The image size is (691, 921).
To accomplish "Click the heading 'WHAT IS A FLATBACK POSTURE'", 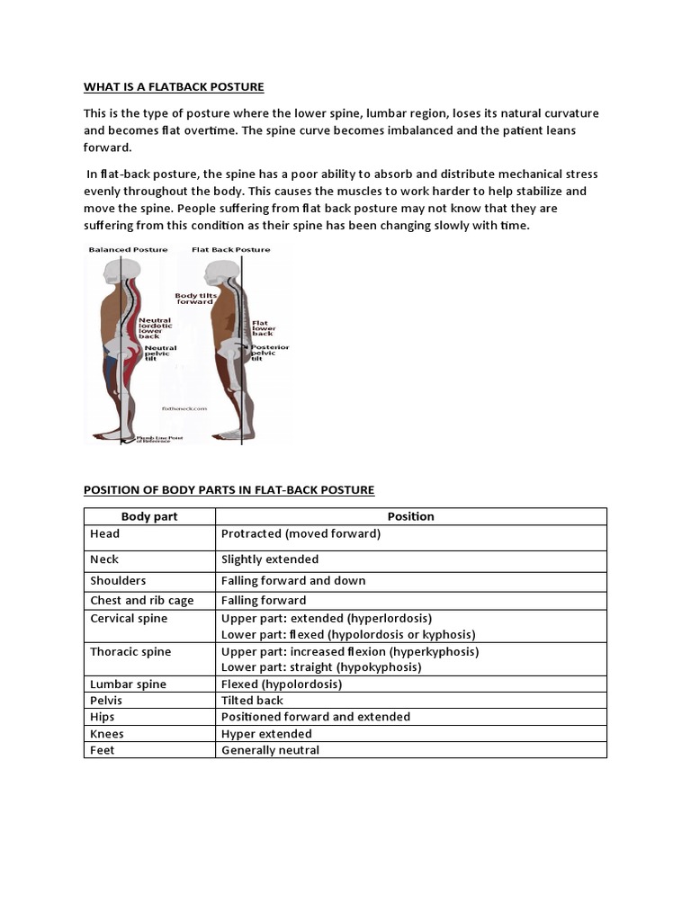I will coord(174,87).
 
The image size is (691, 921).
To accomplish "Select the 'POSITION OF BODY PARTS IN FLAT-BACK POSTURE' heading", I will coord(229,490).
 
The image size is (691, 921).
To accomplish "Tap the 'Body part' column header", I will coord(149,516).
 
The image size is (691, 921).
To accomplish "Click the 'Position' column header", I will coord(410,516).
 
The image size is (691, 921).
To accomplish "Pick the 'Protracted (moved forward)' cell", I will coord(301,533).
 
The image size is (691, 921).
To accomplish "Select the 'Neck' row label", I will coord(104,559).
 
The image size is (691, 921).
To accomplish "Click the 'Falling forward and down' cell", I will coord(293,581).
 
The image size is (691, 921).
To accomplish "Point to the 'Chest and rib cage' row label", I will coord(134,600).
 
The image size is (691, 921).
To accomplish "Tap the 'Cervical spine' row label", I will coord(129,619).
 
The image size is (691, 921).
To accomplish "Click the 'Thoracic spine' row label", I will coord(130,651).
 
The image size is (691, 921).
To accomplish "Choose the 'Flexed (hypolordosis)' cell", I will coord(282,684).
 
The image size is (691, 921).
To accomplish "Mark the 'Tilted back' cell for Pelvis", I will coord(252,701).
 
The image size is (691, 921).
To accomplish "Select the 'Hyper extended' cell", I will coord(266,734).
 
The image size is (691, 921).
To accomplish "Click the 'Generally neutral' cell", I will coord(270,750).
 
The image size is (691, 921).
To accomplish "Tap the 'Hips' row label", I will coord(103,717).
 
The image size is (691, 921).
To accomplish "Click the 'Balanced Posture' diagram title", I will coord(128,249).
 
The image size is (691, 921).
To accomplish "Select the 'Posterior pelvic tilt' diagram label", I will coord(270,352).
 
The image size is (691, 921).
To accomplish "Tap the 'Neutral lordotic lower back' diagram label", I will coord(154,327).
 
